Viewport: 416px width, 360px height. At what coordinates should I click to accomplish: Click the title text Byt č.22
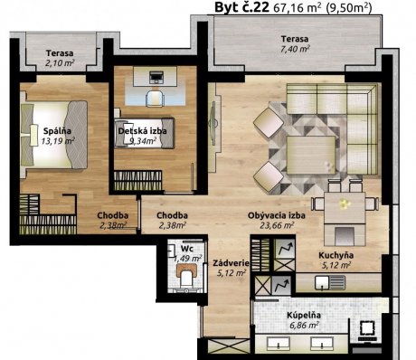[241, 7]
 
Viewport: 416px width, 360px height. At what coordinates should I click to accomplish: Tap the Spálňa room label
[57, 131]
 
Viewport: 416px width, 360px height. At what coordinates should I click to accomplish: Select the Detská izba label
[142, 131]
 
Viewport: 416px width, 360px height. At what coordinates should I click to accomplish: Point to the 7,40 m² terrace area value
[296, 49]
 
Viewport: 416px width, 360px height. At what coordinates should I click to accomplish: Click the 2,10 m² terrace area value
[60, 62]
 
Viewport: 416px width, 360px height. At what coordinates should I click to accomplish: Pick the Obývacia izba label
[277, 215]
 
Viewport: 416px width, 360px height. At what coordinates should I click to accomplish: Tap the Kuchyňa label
[336, 255]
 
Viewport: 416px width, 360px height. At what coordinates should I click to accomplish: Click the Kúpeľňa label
[304, 316]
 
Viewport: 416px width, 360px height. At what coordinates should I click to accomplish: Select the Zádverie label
[231, 263]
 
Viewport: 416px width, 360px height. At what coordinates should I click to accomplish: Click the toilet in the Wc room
[187, 276]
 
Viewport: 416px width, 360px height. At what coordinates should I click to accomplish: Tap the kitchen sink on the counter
[330, 282]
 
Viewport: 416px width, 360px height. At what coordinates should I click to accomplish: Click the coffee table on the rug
[311, 155]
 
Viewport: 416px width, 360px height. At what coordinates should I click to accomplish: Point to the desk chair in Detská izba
[155, 98]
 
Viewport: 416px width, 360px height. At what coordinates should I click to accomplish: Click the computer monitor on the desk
[156, 77]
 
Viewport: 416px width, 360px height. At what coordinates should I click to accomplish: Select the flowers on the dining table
[345, 204]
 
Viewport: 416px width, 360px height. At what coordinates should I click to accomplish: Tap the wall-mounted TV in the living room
[213, 123]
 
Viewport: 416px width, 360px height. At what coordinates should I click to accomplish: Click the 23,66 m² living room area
[277, 225]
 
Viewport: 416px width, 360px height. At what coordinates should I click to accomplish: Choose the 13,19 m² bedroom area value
[58, 141]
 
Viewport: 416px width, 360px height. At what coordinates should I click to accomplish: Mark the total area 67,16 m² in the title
[298, 8]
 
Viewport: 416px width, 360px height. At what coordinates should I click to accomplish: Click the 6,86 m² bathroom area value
[304, 325]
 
